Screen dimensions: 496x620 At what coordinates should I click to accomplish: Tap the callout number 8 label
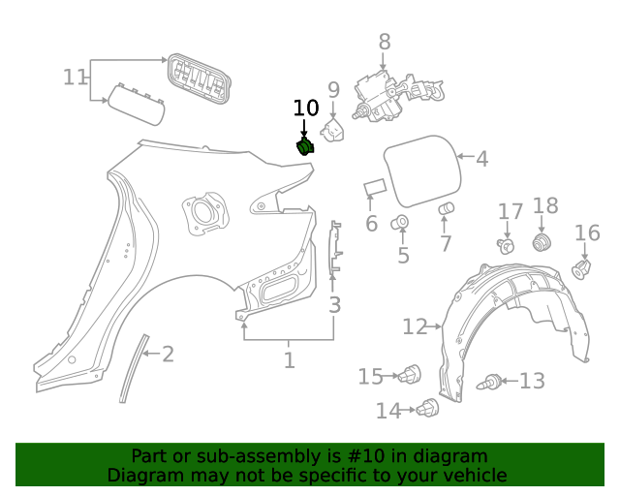385,42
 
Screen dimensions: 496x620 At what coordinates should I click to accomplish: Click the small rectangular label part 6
374,187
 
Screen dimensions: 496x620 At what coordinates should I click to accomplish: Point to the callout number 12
414,327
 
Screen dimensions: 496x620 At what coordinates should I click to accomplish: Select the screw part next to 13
492,383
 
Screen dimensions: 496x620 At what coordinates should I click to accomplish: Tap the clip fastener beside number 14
427,411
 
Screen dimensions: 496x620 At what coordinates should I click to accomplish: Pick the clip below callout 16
582,268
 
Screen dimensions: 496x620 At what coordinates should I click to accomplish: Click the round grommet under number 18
542,241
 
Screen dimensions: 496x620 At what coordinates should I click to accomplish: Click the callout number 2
168,355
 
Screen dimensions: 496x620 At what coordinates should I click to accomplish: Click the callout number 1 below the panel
289,361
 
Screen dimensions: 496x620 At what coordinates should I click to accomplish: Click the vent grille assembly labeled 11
201,78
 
